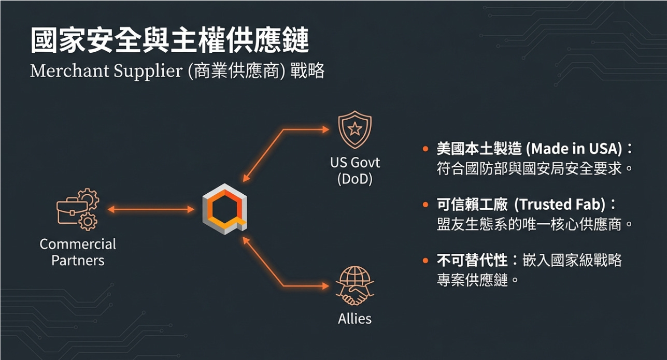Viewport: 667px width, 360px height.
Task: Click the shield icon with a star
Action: (354, 130)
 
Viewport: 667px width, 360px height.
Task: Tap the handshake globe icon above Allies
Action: (354, 286)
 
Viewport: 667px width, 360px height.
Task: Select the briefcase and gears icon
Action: (77, 209)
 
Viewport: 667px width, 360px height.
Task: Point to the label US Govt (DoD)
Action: (355, 171)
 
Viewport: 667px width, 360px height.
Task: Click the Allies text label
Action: (355, 318)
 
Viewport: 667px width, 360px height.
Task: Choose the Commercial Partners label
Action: (78, 252)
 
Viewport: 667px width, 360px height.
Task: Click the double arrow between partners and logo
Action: (151, 209)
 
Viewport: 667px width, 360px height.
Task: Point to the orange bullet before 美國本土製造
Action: (425, 149)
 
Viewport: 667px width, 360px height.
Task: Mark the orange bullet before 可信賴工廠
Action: (425, 205)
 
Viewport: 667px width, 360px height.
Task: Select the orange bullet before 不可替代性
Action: (425, 260)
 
